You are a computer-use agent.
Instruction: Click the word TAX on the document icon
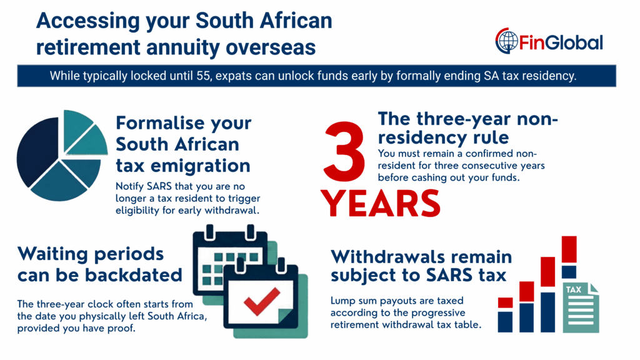pyautogui.click(x=573, y=290)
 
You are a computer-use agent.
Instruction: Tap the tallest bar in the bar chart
pyautogui.click(x=569, y=284)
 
